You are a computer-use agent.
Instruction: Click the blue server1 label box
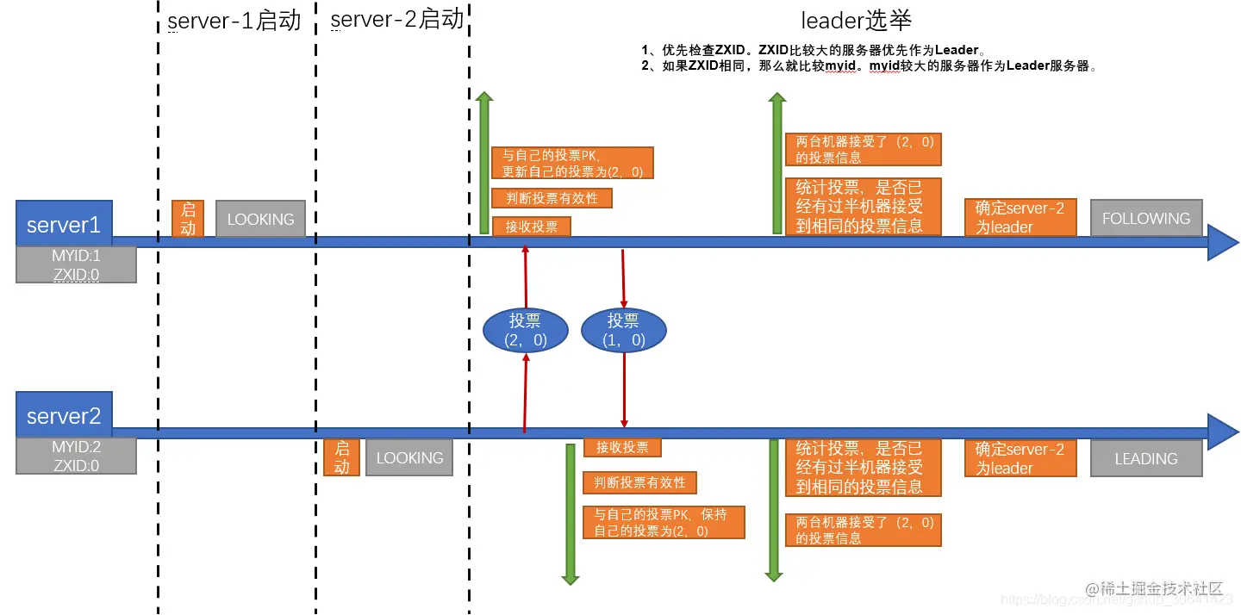(x=64, y=225)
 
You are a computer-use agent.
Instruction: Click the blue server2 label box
(x=64, y=416)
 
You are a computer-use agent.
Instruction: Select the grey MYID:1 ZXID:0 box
(x=76, y=264)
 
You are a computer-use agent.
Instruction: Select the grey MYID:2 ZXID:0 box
(x=76, y=456)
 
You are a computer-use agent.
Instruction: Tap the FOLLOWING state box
(x=1145, y=219)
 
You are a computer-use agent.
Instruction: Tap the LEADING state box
(x=1145, y=458)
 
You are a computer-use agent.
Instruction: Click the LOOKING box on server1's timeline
(x=260, y=219)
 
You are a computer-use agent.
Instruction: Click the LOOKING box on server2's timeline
(x=409, y=458)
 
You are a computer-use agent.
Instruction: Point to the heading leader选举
(x=856, y=21)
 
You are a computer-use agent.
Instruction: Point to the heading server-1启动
(x=234, y=21)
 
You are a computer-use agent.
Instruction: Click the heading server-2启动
(x=396, y=19)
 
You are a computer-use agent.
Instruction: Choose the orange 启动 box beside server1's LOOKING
(x=187, y=219)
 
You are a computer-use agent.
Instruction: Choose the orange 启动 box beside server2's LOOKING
(x=341, y=458)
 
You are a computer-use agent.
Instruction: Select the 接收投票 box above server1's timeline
(x=531, y=227)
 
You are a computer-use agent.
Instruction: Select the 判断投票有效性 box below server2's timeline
(x=639, y=482)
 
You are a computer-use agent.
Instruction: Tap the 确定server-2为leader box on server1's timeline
(x=1020, y=218)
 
